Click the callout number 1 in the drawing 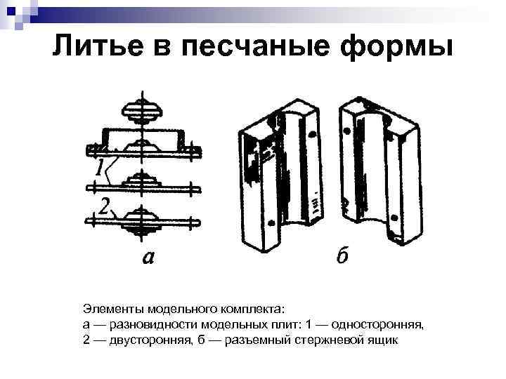pos(100,167)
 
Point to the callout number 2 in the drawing pos(103,206)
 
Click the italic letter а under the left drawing pos(148,258)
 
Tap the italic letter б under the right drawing pos(342,258)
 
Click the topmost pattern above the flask pos(143,109)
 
